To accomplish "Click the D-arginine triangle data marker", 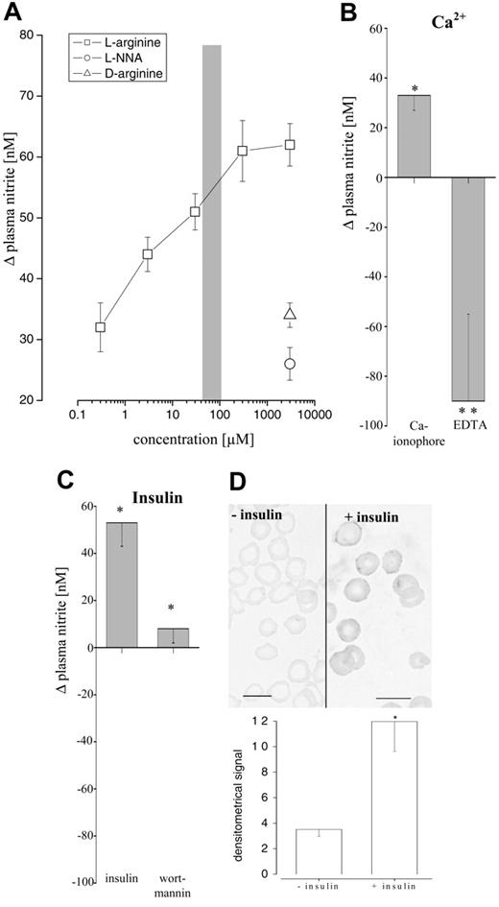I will point(290,313).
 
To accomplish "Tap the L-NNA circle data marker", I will point(290,364).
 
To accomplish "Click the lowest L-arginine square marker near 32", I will point(100,327).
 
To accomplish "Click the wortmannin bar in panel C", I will point(174,637).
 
